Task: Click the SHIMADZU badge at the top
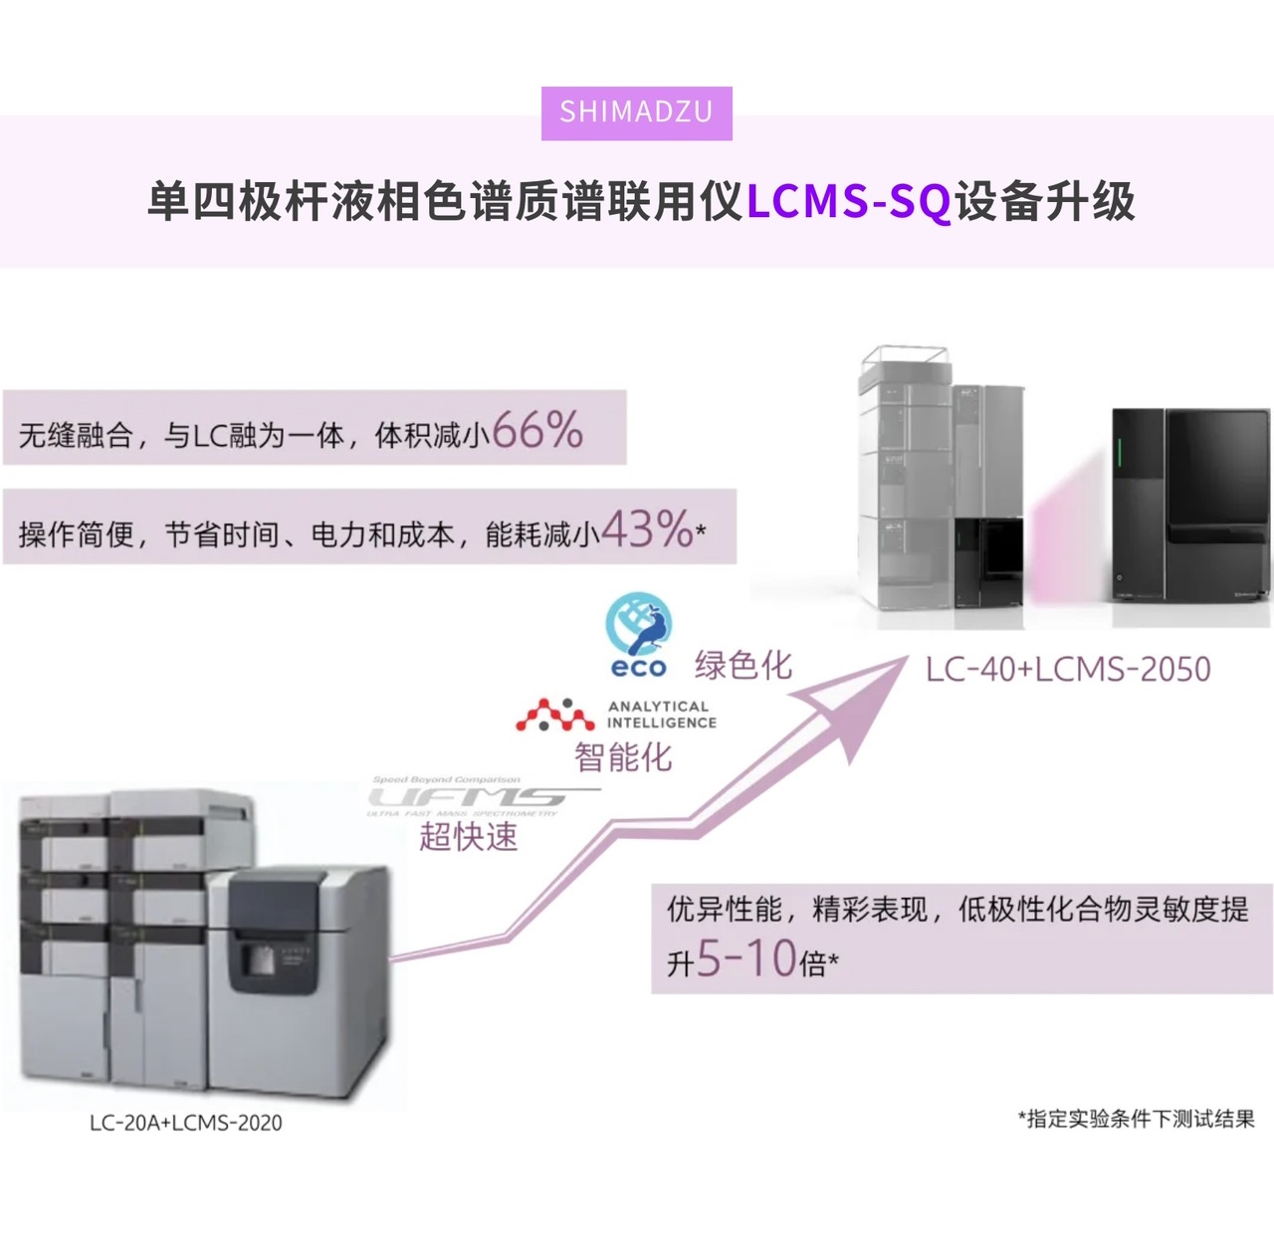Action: pos(636,112)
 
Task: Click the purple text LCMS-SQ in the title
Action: pos(848,202)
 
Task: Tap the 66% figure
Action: pos(536,430)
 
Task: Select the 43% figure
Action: pos(646,528)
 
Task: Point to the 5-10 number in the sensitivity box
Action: pos(745,958)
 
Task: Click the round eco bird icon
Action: pos(639,623)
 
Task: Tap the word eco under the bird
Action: pos(638,668)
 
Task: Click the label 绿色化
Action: pos(743,665)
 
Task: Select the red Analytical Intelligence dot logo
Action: pos(554,715)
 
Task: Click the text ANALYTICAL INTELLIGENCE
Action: pos(661,715)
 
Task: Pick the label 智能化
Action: pos(623,757)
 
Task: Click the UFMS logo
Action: pos(468,796)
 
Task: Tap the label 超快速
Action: pos(468,836)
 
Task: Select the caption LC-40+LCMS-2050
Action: pos(1067,669)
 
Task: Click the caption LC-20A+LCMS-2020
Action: pos(185,1123)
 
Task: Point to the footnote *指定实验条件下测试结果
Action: pos(1136,1119)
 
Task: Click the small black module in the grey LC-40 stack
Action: pos(988,562)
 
